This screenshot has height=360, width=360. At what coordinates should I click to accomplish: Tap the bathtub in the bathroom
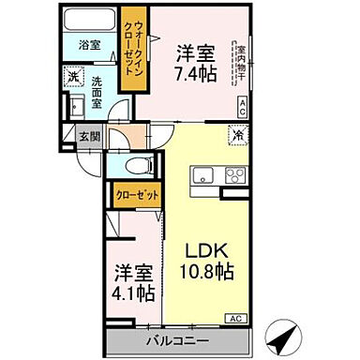88,22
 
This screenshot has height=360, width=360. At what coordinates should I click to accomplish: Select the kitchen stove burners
232,175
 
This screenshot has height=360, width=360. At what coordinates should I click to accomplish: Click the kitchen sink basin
202,175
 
